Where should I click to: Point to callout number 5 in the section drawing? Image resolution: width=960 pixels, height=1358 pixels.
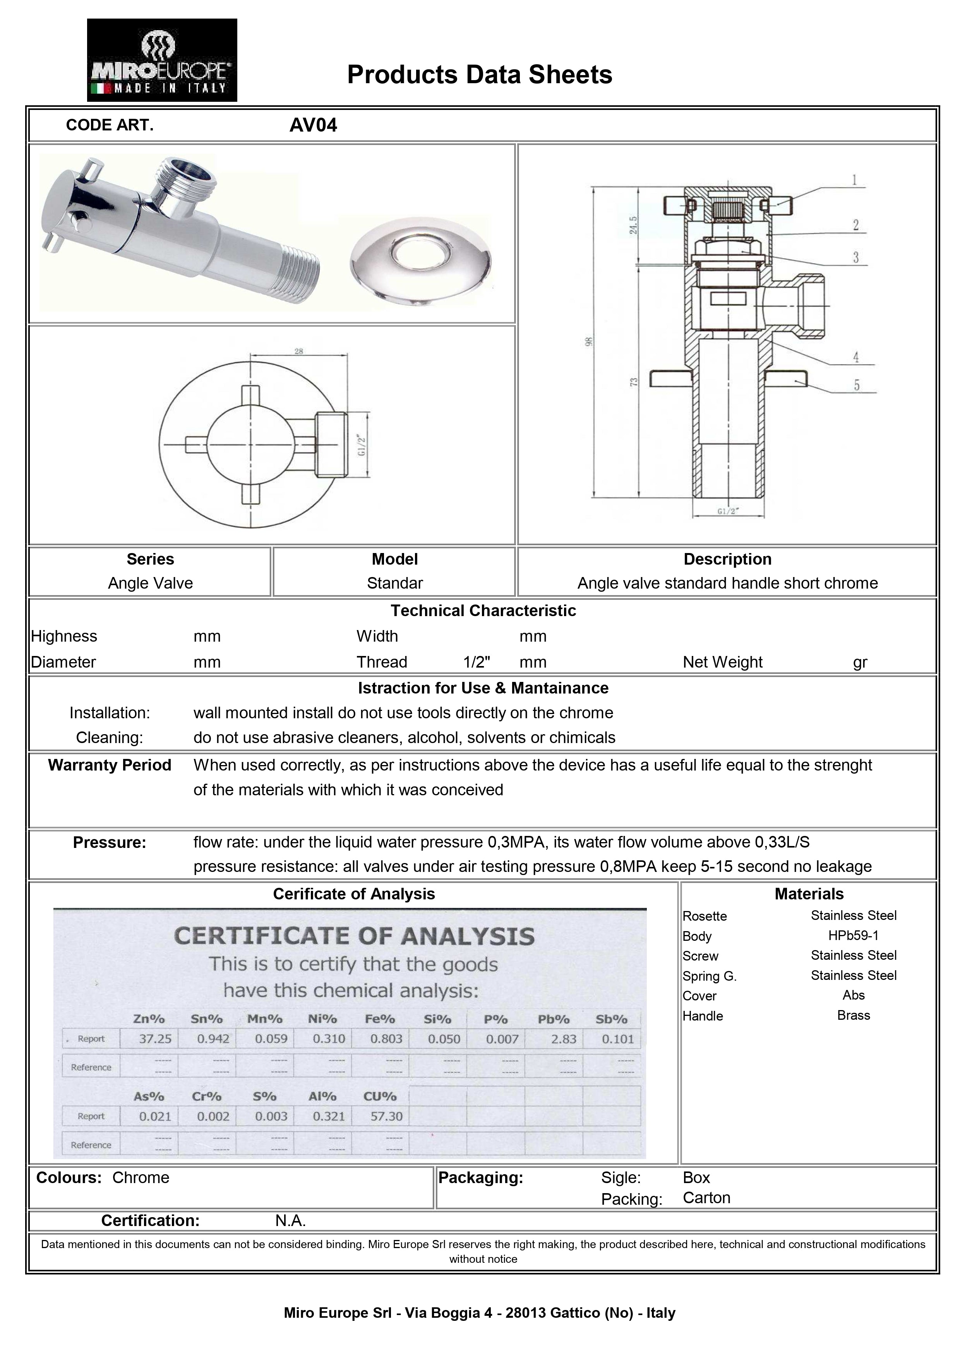856,385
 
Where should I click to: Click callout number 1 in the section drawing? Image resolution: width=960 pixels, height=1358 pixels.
854,180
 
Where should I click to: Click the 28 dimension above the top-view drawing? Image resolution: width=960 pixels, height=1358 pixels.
299,351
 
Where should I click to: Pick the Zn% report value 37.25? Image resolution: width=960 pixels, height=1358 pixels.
155,1039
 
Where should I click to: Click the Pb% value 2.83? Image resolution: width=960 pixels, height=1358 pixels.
563,1039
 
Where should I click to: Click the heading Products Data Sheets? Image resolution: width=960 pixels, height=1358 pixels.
479,75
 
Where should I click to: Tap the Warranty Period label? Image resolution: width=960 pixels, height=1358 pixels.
110,765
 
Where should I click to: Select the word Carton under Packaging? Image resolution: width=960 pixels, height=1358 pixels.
706,1198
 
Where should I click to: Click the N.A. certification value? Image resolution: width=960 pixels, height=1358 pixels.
290,1220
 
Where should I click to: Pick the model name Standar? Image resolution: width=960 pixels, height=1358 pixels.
394,583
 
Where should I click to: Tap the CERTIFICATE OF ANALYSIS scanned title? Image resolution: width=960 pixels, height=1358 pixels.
354,936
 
